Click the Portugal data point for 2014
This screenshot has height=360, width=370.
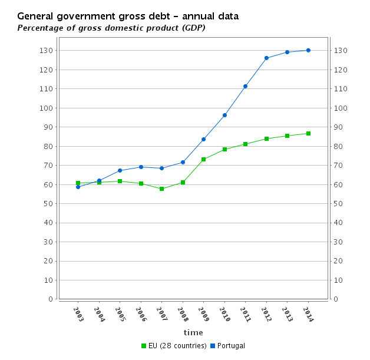point(308,50)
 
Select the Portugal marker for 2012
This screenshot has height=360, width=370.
point(266,58)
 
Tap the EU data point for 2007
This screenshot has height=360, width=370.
point(161,189)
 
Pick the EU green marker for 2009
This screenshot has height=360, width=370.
point(203,159)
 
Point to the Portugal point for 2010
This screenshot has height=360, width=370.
point(224,115)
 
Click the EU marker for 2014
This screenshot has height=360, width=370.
point(308,133)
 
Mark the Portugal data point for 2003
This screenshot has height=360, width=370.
point(78,187)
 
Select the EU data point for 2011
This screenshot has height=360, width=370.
point(245,144)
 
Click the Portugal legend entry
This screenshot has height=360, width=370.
point(230,346)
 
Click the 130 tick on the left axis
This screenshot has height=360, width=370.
point(47,51)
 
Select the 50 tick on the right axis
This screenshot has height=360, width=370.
point(339,204)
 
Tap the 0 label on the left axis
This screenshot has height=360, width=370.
point(51,299)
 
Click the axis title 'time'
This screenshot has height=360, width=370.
point(193,333)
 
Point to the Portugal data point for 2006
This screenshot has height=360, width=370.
point(141,167)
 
